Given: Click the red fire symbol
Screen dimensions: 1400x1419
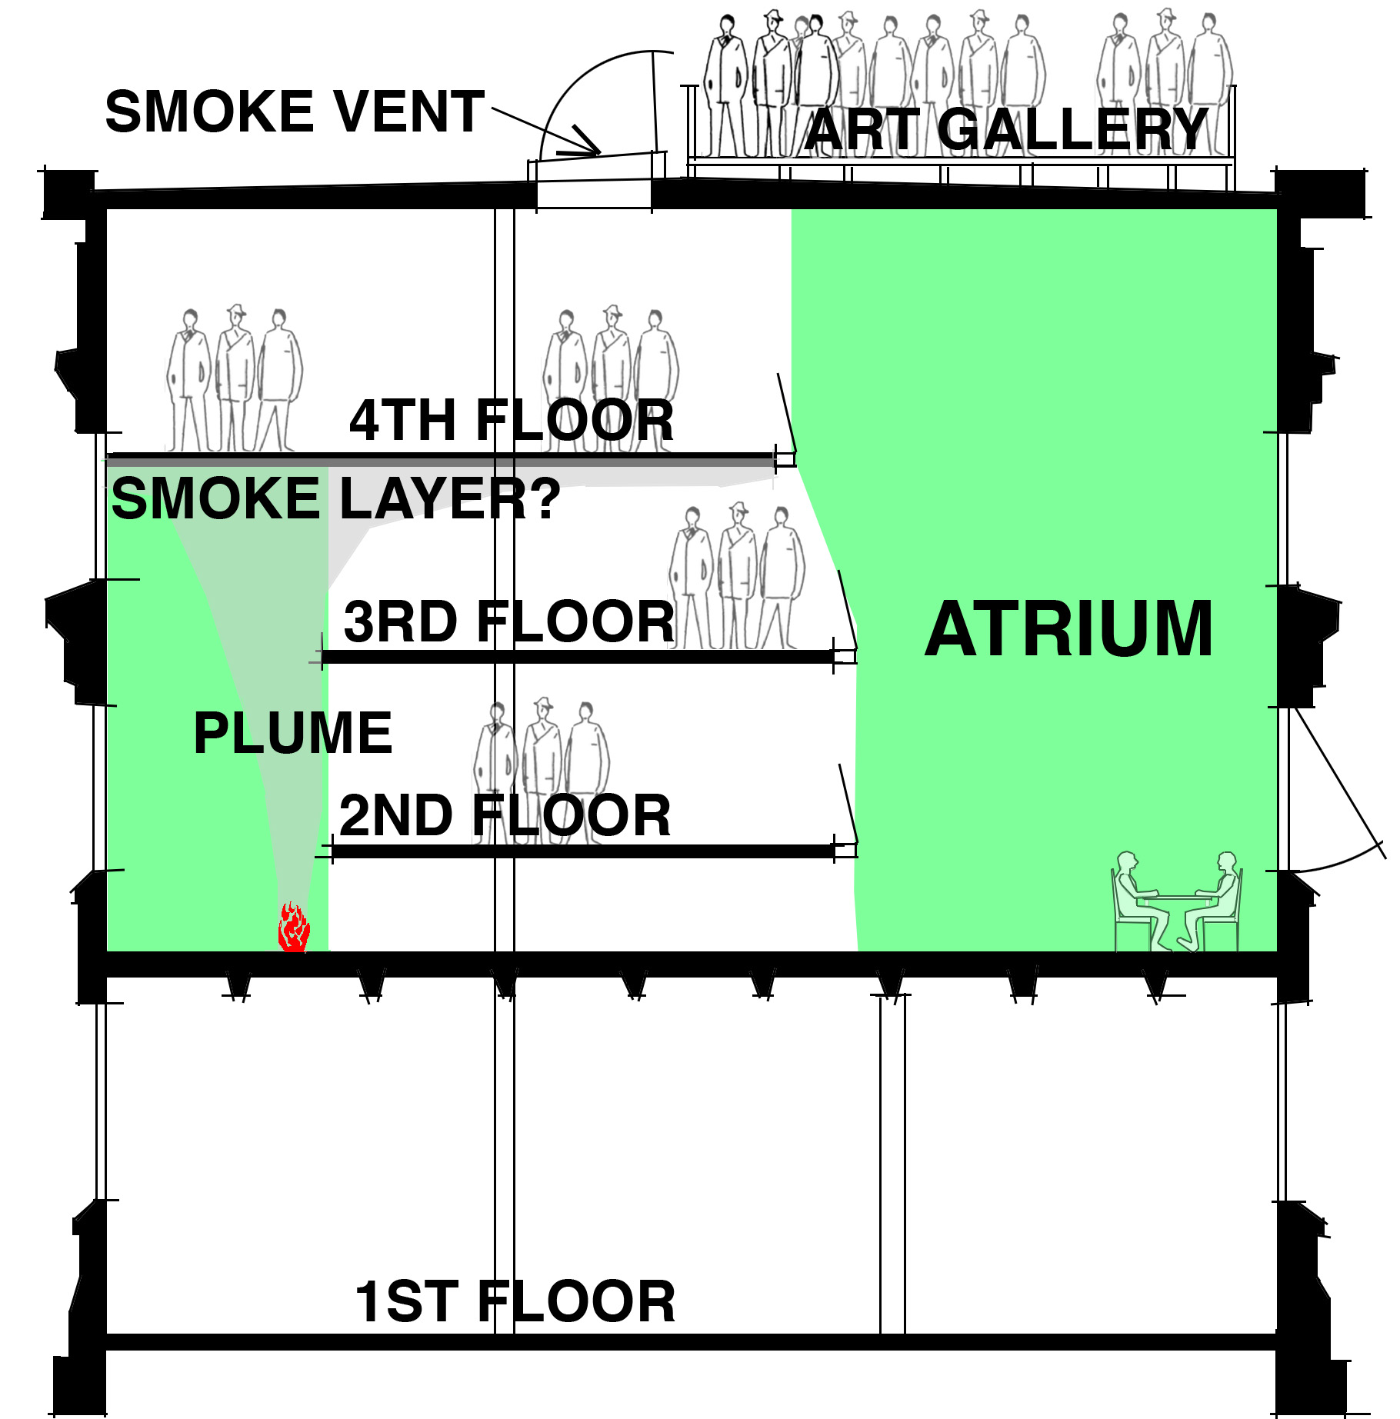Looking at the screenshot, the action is pyautogui.click(x=293, y=927).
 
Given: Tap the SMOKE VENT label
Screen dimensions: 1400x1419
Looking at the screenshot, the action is pyautogui.click(x=295, y=112).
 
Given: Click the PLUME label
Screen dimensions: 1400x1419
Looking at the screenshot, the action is pyautogui.click(x=293, y=733).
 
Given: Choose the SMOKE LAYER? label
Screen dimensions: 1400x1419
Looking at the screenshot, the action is pyautogui.click(x=336, y=498).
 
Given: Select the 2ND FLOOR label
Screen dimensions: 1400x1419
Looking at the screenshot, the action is pyautogui.click(x=505, y=815).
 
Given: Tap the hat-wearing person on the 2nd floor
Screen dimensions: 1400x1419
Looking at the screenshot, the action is pyautogui.click(x=543, y=769).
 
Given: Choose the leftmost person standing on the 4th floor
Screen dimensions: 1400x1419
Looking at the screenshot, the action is pyautogui.click(x=188, y=380).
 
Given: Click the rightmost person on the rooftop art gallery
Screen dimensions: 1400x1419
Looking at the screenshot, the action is pyautogui.click(x=1210, y=85).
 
